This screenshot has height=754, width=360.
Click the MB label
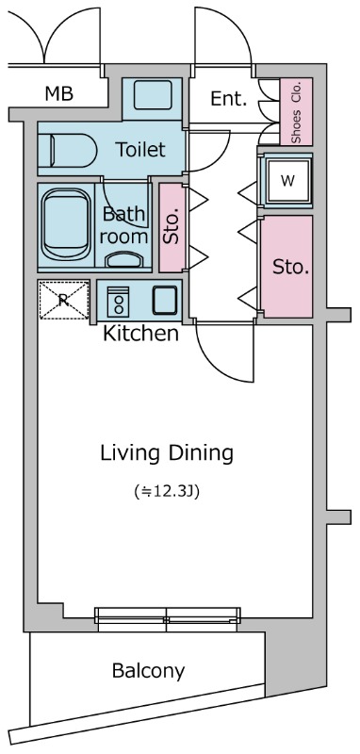point(59,93)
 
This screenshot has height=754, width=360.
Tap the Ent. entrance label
point(229,99)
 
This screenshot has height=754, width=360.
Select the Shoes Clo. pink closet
point(296,111)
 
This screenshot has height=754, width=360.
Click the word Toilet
point(140,150)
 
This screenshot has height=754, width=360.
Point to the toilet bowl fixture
point(67,151)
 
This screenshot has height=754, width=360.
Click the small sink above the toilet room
point(153,95)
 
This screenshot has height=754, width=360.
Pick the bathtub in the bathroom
point(66,225)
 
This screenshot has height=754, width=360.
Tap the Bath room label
point(124,225)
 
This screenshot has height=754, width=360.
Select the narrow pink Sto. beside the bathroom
point(172,227)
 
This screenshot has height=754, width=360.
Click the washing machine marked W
point(287,180)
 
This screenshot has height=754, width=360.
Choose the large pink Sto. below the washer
point(286,267)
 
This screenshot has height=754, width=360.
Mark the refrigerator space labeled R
point(63,300)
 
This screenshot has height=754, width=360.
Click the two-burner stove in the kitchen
point(118,302)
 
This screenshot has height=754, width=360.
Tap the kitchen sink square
point(165,301)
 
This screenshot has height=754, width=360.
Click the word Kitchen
point(140,334)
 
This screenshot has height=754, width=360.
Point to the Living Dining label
point(166,453)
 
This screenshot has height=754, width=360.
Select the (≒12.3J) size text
point(167,492)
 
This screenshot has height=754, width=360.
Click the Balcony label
point(148,671)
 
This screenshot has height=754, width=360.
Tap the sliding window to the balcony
point(167,619)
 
